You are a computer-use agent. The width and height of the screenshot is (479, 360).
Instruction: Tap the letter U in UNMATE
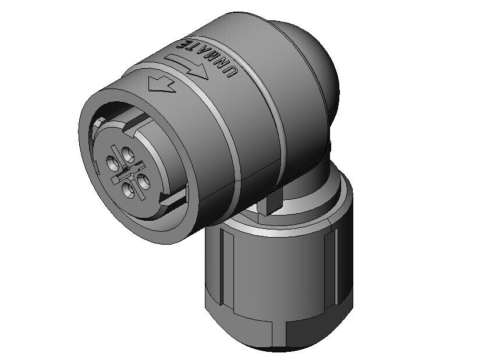point(232,72)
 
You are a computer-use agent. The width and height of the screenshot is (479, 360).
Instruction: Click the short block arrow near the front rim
point(161,84)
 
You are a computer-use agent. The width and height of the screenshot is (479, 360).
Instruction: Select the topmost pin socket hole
point(127,155)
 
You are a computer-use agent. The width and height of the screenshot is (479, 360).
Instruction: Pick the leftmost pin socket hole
point(113,163)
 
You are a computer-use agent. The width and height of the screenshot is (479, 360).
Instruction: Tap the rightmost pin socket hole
point(143,181)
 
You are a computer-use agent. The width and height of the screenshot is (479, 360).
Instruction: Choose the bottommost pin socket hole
point(128,190)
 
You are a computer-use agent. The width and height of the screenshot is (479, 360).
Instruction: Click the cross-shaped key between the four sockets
point(127,172)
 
